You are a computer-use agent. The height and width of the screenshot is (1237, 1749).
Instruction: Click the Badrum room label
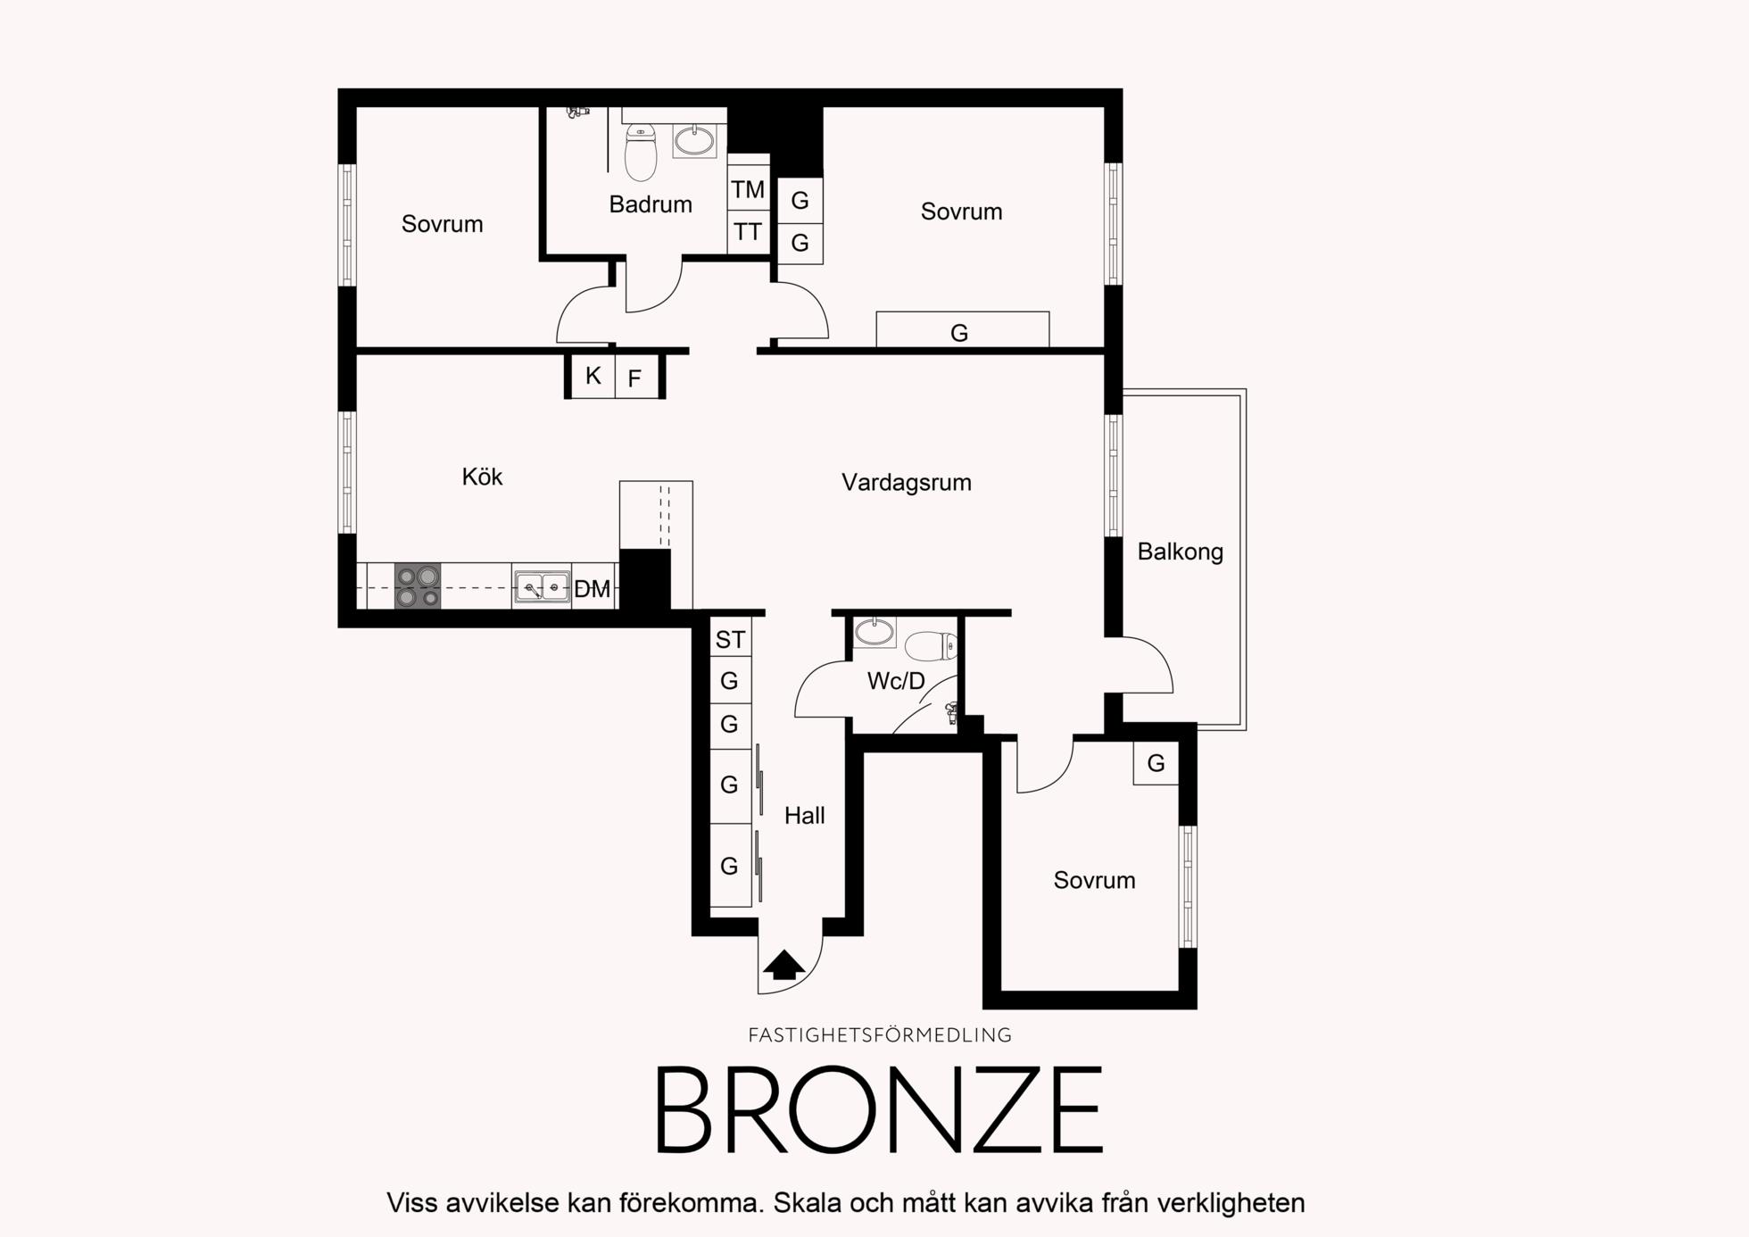(651, 204)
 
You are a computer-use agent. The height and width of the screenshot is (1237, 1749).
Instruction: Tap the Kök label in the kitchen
(482, 477)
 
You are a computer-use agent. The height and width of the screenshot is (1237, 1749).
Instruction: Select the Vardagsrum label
(906, 483)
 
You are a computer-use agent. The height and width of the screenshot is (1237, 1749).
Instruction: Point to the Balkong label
(1180, 552)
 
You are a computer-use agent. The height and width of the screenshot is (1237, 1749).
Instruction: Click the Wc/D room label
(896, 681)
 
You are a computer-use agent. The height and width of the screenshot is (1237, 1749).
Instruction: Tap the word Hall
(804, 816)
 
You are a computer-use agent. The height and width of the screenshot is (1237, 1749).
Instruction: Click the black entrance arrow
(783, 966)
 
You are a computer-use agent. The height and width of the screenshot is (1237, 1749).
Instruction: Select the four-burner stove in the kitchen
(418, 586)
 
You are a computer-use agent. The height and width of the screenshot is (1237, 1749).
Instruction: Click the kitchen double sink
(543, 587)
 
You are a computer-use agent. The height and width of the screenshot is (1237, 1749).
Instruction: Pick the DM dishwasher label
(592, 589)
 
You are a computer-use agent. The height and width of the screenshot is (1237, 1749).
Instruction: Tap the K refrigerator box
(593, 376)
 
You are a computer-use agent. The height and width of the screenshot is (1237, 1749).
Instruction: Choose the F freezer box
(636, 377)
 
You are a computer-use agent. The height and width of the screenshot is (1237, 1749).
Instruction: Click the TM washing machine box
(748, 188)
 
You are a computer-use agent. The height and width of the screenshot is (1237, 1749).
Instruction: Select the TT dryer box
(748, 232)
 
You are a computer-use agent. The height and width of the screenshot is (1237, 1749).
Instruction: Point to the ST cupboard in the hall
(730, 639)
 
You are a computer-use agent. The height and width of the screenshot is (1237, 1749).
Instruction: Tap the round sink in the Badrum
(694, 141)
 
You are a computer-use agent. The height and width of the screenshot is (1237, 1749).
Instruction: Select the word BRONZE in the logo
(880, 1110)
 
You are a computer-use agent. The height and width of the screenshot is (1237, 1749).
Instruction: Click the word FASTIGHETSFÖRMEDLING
(880, 1035)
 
